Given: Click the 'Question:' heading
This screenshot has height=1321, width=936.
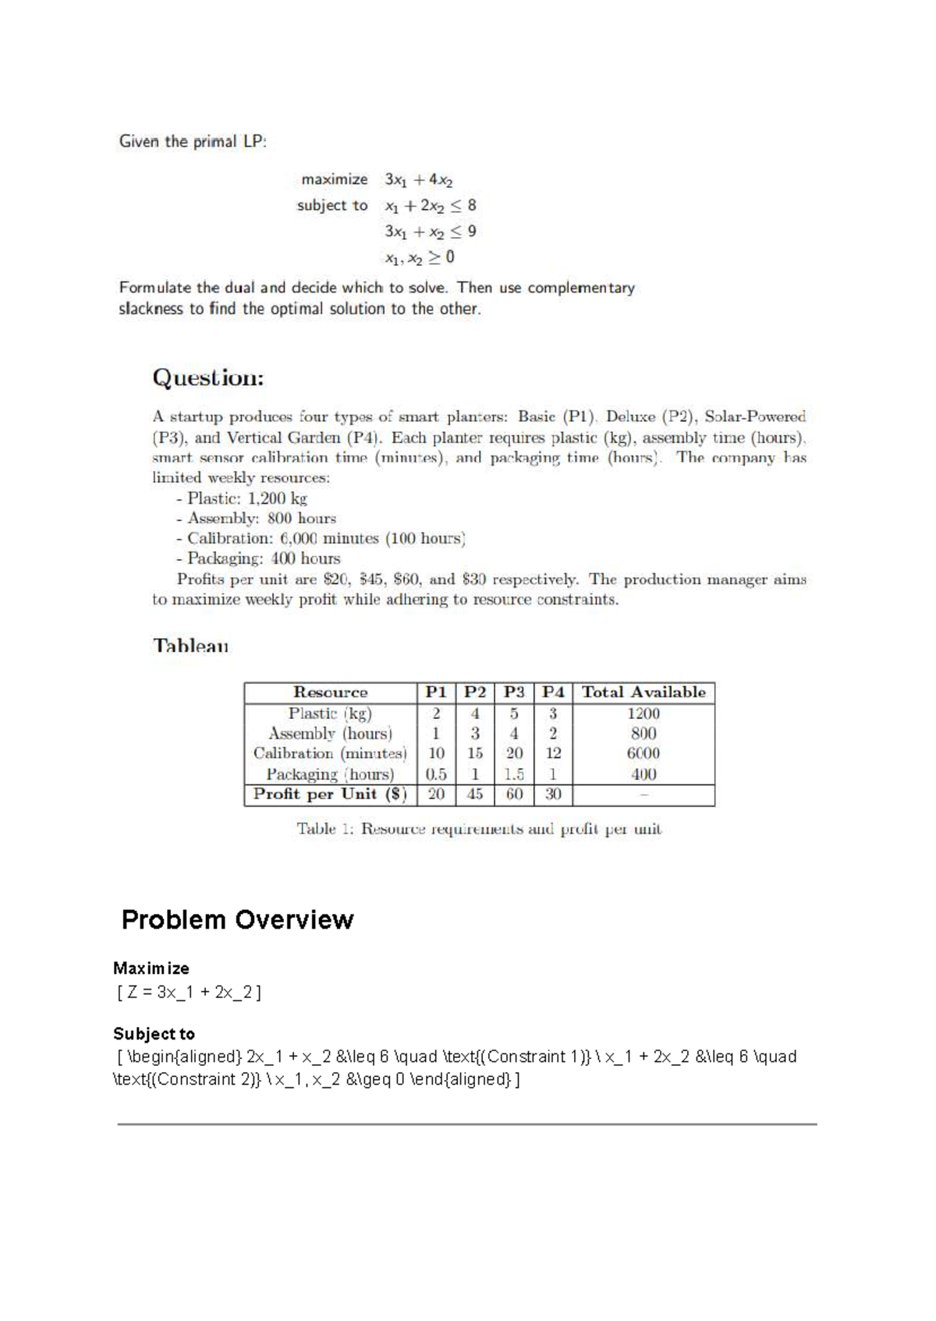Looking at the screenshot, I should [x=208, y=378].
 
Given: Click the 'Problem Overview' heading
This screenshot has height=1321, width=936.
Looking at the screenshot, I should [x=237, y=919].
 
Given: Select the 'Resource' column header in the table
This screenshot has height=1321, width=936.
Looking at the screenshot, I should [x=330, y=692].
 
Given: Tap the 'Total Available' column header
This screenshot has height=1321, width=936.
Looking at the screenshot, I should [x=643, y=692].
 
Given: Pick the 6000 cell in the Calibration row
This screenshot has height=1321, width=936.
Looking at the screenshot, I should [x=643, y=753].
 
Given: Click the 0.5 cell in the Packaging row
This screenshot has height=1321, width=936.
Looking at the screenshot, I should [x=436, y=774].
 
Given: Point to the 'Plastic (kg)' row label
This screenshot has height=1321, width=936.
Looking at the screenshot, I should [x=330, y=714].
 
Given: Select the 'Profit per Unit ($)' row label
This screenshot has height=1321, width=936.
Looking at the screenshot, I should [x=330, y=795].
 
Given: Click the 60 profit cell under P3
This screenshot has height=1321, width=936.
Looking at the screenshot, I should [x=514, y=795].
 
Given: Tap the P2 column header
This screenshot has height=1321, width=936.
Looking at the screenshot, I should [x=475, y=692].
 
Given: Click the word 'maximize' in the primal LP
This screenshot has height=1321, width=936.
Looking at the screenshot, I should [x=335, y=179].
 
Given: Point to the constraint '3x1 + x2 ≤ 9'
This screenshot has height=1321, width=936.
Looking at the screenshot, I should [x=430, y=232].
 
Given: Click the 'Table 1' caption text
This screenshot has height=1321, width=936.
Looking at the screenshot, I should [x=478, y=829].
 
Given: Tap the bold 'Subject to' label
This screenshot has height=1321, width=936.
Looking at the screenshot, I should [x=154, y=1034].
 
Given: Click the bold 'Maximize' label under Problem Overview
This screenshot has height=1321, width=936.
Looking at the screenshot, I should [x=151, y=969].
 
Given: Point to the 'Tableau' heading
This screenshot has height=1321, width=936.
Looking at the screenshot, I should [x=191, y=646].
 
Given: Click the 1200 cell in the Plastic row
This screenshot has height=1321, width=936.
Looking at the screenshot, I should [x=643, y=714].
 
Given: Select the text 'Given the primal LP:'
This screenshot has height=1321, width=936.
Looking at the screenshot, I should [x=193, y=142].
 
